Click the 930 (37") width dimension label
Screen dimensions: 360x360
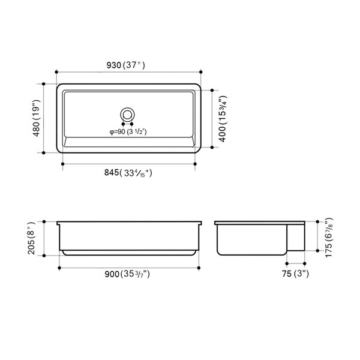tap(125, 65)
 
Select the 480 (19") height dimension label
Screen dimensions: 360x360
tap(37, 118)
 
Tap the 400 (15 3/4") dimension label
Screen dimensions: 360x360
tap(223, 119)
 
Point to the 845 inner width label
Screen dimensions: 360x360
tap(128, 173)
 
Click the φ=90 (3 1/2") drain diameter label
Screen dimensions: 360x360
tap(128, 132)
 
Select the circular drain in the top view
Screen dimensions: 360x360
tap(127, 115)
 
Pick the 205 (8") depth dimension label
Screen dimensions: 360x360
tap(31, 238)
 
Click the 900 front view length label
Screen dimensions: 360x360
tap(127, 274)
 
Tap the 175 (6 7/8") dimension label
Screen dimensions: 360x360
tap(329, 238)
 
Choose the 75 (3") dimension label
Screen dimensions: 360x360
tap(295, 274)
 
